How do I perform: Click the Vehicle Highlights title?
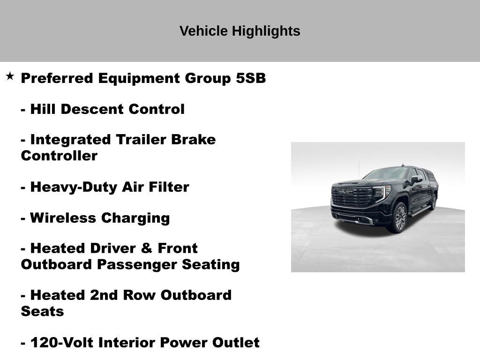point(240,31)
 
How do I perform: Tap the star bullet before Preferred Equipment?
point(10,76)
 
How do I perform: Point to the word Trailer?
point(144,140)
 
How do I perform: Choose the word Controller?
point(59,156)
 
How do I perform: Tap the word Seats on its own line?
point(42,311)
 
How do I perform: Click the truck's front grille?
point(352,195)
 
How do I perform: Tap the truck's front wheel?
point(399,217)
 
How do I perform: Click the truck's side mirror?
point(416,179)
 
